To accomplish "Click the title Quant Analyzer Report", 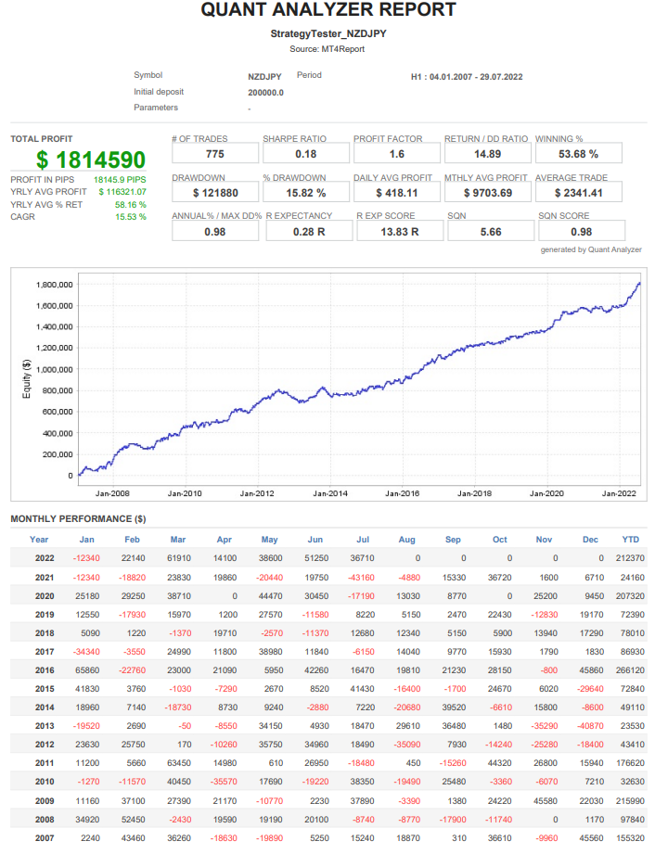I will pos(327,10).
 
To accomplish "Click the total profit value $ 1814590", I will pos(92,160).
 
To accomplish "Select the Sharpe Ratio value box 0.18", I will pos(305,154).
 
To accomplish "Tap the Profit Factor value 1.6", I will pos(396,154).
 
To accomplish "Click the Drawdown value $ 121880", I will pos(214,193).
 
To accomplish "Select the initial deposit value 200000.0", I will pos(266,93).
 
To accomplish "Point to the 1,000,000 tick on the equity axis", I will pos(53,369).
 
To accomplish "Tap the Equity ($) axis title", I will pos(27,379).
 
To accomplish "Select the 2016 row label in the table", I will pos(44,669).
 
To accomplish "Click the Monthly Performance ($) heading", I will pos(78,518).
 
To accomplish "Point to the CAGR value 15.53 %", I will pos(131,217).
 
